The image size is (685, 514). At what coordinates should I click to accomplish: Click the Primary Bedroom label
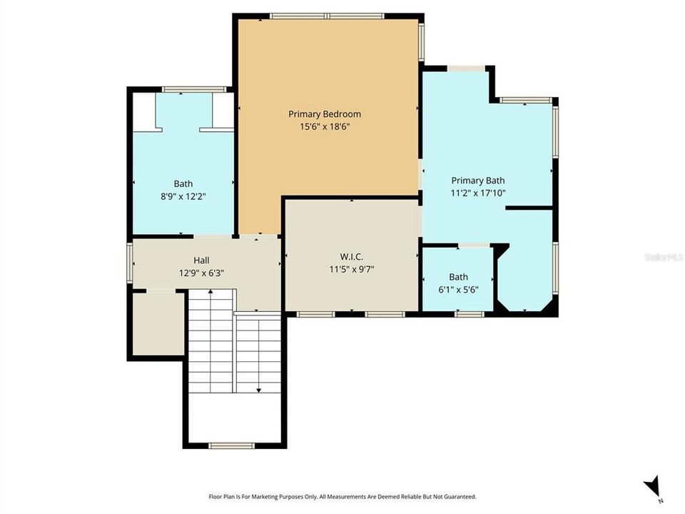325,114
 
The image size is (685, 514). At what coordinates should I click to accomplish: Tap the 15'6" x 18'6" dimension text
325,127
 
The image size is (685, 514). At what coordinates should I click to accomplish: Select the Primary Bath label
478,181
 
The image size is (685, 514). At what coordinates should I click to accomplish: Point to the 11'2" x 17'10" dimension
478,193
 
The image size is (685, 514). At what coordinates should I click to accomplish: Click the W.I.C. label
351,257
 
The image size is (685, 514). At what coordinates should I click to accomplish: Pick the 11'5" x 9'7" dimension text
351,269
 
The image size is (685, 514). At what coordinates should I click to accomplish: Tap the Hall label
201,261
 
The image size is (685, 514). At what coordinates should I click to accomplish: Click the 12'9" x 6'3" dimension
201,273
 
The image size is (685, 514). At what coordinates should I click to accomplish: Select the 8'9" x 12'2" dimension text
183,196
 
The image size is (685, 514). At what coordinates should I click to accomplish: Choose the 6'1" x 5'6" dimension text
458,289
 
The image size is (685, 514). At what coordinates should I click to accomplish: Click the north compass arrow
651,486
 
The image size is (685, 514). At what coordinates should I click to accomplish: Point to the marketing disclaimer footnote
342,497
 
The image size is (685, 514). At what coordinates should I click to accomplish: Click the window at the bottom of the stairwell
231,445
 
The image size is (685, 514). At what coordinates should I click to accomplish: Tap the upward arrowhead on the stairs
210,291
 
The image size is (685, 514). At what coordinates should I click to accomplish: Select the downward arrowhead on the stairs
259,390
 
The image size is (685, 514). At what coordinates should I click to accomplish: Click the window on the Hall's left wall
130,262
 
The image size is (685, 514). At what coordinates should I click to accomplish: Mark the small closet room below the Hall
158,324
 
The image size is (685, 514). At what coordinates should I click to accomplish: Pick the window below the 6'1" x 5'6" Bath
470,314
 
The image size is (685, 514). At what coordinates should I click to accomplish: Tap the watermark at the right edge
664,257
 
